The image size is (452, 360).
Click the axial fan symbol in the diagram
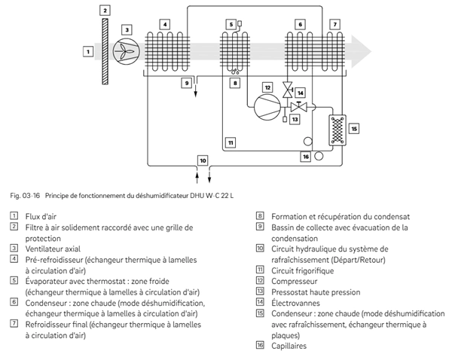pyautogui.click(x=126, y=51)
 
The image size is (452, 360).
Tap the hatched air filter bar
pyautogui.click(x=105, y=51)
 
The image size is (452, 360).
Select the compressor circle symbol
pyautogui.click(x=267, y=107)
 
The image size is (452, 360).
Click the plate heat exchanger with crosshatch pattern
pyautogui.click(x=337, y=130)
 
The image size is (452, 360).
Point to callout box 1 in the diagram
pyautogui.click(x=88, y=52)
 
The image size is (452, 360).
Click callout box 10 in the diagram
pyautogui.click(x=203, y=160)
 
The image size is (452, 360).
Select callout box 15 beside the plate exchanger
pyautogui.click(x=354, y=129)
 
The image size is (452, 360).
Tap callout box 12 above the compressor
pyautogui.click(x=267, y=87)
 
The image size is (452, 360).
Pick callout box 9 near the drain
pyautogui.click(x=187, y=83)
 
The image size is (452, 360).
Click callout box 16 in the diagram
pyautogui.click(x=306, y=157)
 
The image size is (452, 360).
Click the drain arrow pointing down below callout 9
pyautogui.click(x=195, y=87)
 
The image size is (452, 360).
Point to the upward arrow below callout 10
pyautogui.click(x=197, y=176)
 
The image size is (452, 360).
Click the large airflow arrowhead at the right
pyautogui.click(x=362, y=52)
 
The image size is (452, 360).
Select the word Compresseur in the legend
pyautogui.click(x=294, y=282)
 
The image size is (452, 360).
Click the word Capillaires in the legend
pyautogui.click(x=289, y=346)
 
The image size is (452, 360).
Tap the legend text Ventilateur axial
pyautogui.click(x=53, y=249)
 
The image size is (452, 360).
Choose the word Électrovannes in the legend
pyautogui.click(x=295, y=303)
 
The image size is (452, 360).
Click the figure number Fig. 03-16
pyautogui.click(x=25, y=196)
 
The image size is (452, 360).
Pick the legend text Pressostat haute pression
pyautogui.click(x=316, y=292)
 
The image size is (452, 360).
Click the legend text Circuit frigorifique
pyautogui.click(x=302, y=271)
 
